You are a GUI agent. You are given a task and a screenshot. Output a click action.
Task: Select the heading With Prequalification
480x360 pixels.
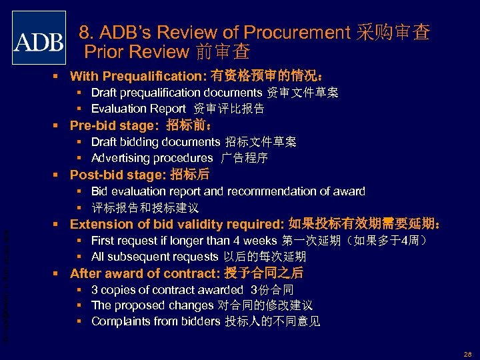tap(139, 76)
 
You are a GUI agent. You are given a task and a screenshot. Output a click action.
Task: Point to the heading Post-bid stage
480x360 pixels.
tap(117, 175)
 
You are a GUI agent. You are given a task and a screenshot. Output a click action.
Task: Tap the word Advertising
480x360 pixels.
tap(121, 158)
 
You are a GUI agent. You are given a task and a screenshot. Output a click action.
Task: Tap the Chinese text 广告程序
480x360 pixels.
tap(246, 158)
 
